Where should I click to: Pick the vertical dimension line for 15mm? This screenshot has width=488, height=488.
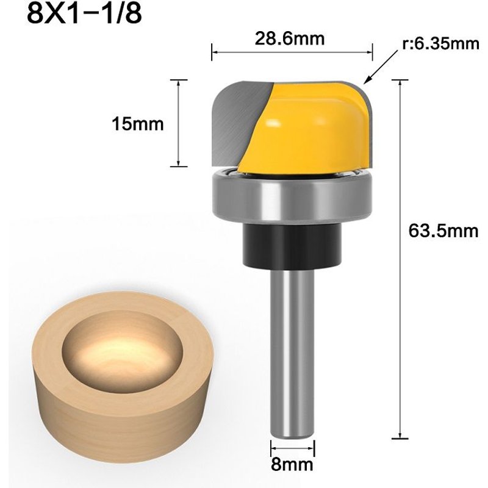point(178,122)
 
